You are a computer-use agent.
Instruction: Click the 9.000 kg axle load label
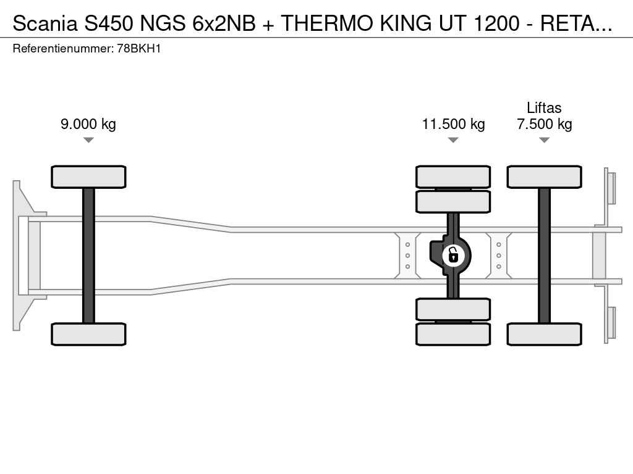pyautogui.click(x=88, y=123)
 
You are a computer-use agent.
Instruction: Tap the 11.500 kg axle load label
pyautogui.click(x=453, y=123)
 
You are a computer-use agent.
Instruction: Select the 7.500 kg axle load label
pyautogui.click(x=544, y=123)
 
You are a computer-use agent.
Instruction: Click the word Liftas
pyautogui.click(x=544, y=107)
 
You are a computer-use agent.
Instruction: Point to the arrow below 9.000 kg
pyautogui.click(x=88, y=140)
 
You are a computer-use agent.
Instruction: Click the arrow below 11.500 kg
pyautogui.click(x=453, y=140)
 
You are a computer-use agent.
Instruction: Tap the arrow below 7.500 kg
pyautogui.click(x=544, y=140)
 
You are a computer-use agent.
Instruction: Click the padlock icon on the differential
pyautogui.click(x=453, y=256)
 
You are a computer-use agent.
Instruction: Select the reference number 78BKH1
pyautogui.click(x=139, y=49)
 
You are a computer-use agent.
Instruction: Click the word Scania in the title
pyautogui.click(x=45, y=23)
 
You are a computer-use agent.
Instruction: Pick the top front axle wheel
pyautogui.click(x=88, y=177)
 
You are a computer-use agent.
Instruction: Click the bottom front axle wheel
pyautogui.click(x=88, y=334)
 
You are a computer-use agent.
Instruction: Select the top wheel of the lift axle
pyautogui.click(x=544, y=177)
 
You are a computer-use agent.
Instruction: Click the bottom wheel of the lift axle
pyautogui.click(x=544, y=334)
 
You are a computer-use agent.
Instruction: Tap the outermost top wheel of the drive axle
pyautogui.click(x=453, y=177)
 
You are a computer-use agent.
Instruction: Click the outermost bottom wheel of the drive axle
pyautogui.click(x=453, y=334)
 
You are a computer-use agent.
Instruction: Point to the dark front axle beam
pyautogui.click(x=88, y=256)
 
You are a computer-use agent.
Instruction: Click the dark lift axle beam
pyautogui.click(x=544, y=256)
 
